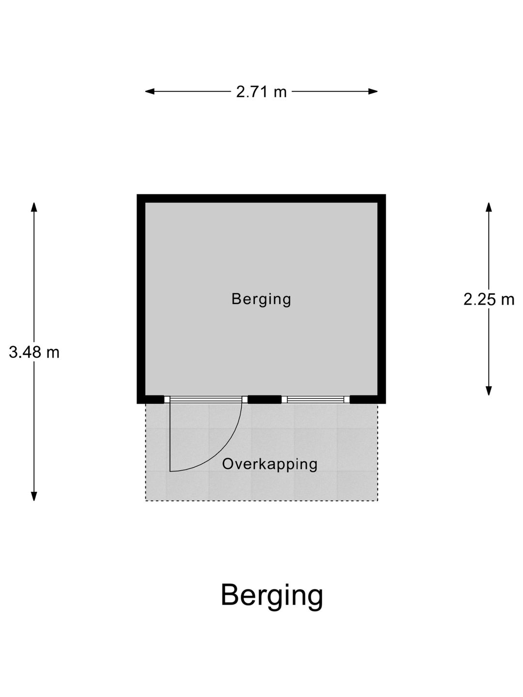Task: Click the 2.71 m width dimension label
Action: click(261, 92)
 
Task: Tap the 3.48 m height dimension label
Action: click(34, 352)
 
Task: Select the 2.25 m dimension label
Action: click(489, 299)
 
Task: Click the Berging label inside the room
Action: click(261, 300)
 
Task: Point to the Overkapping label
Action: click(270, 464)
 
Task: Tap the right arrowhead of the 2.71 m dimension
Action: click(373, 91)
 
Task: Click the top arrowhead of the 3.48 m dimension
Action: click(34, 207)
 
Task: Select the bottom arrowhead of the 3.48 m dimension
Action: click(34, 496)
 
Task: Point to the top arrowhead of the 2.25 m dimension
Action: click(489, 207)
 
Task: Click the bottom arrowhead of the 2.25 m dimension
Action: click(489, 391)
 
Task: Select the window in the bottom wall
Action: click(316, 399)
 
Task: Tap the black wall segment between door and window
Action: click(264, 399)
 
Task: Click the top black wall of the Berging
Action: click(261, 198)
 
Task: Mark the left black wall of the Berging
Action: click(141, 299)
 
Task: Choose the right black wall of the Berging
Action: click(382, 299)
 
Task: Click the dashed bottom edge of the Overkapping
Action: click(261, 501)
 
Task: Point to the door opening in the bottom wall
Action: click(206, 399)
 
